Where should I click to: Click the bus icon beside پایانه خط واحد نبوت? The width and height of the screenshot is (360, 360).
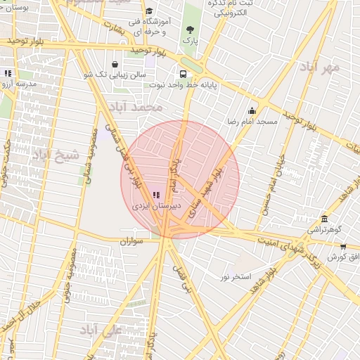pyautogui.click(x=184, y=73)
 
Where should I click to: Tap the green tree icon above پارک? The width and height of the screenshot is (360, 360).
pyautogui.click(x=190, y=30)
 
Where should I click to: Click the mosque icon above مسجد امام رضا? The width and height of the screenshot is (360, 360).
pyautogui.click(x=252, y=110)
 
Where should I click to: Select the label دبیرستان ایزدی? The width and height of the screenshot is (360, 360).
pyautogui.click(x=156, y=206)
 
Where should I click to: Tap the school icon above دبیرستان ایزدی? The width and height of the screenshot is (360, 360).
pyautogui.click(x=155, y=195)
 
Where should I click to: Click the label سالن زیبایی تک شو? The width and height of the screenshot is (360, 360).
pyautogui.click(x=114, y=73)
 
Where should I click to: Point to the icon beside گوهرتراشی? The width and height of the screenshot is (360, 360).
pyautogui.click(x=323, y=219)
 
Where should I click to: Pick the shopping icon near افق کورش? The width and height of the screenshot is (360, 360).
pyautogui.click(x=343, y=247)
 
